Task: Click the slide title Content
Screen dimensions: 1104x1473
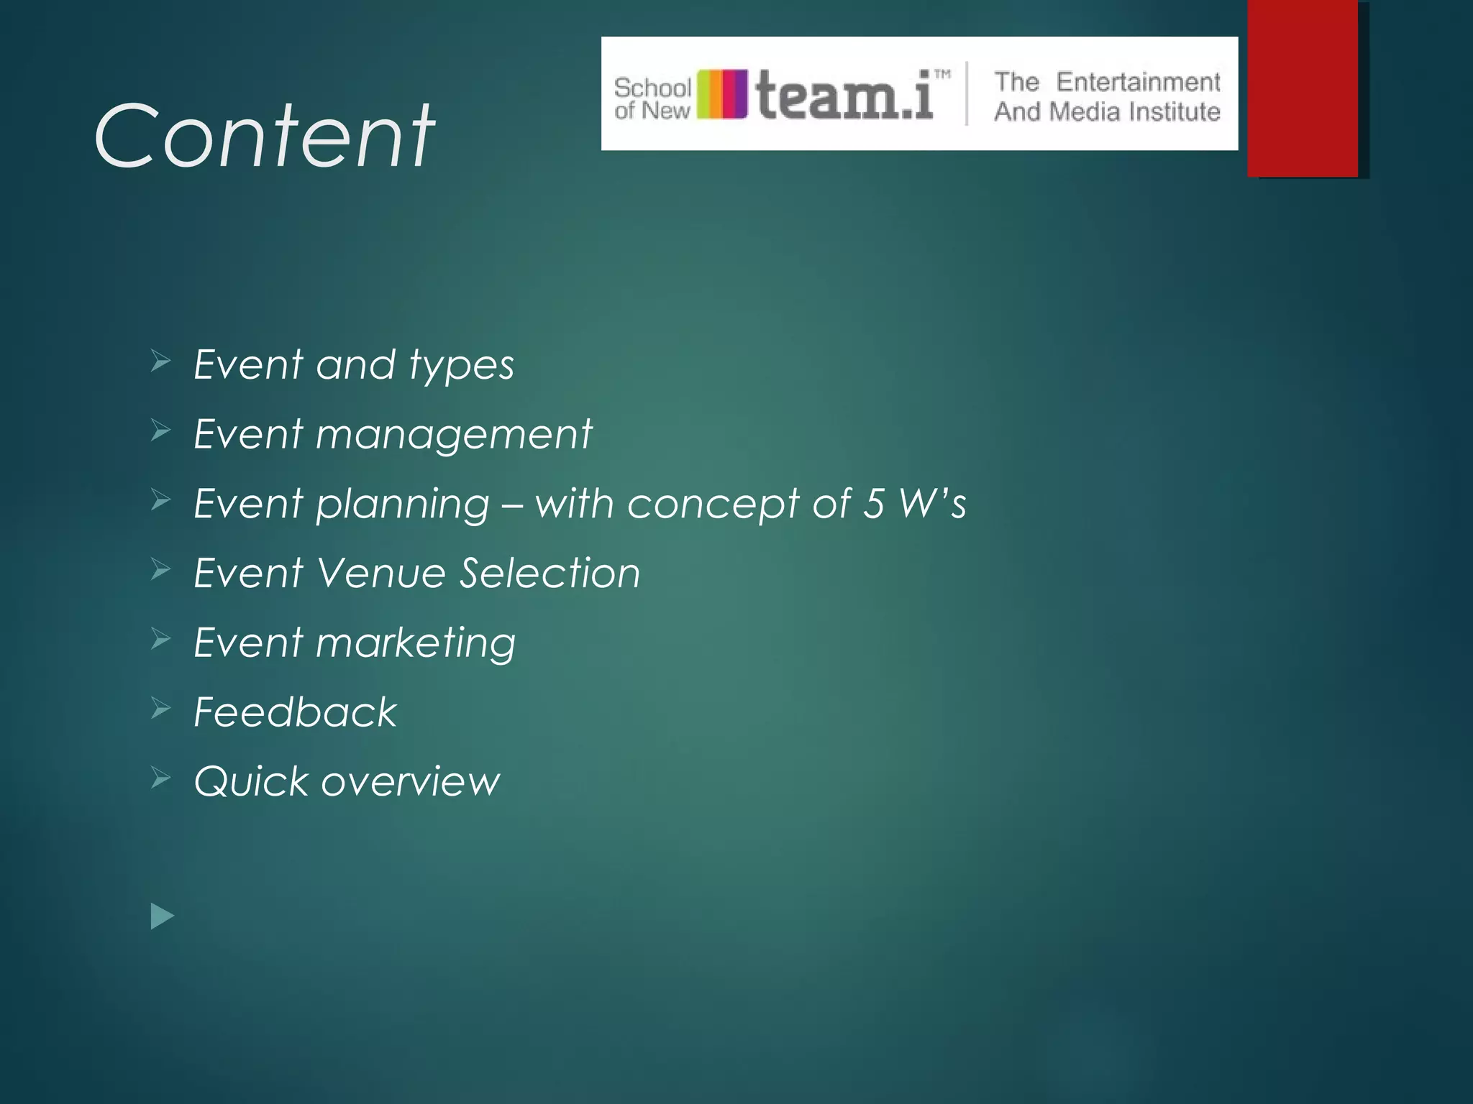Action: (x=264, y=136)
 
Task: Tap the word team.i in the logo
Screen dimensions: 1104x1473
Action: (x=845, y=95)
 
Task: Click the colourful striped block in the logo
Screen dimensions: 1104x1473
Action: (x=722, y=94)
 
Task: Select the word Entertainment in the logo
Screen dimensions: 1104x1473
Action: (x=1138, y=82)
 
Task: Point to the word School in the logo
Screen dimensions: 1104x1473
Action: (x=652, y=88)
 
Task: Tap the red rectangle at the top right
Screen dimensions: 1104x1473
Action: (x=1303, y=88)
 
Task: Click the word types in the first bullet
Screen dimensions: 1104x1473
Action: (x=462, y=366)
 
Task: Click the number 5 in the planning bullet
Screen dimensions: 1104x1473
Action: (x=873, y=503)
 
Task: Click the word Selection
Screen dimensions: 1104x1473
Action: (x=549, y=573)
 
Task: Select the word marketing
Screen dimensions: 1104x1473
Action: (x=415, y=643)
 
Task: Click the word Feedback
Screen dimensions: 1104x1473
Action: (x=295, y=712)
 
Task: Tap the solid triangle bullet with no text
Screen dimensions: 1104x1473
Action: (x=163, y=916)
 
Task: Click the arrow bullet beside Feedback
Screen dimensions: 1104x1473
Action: (x=160, y=709)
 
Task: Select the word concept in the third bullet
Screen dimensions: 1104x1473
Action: (x=713, y=505)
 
